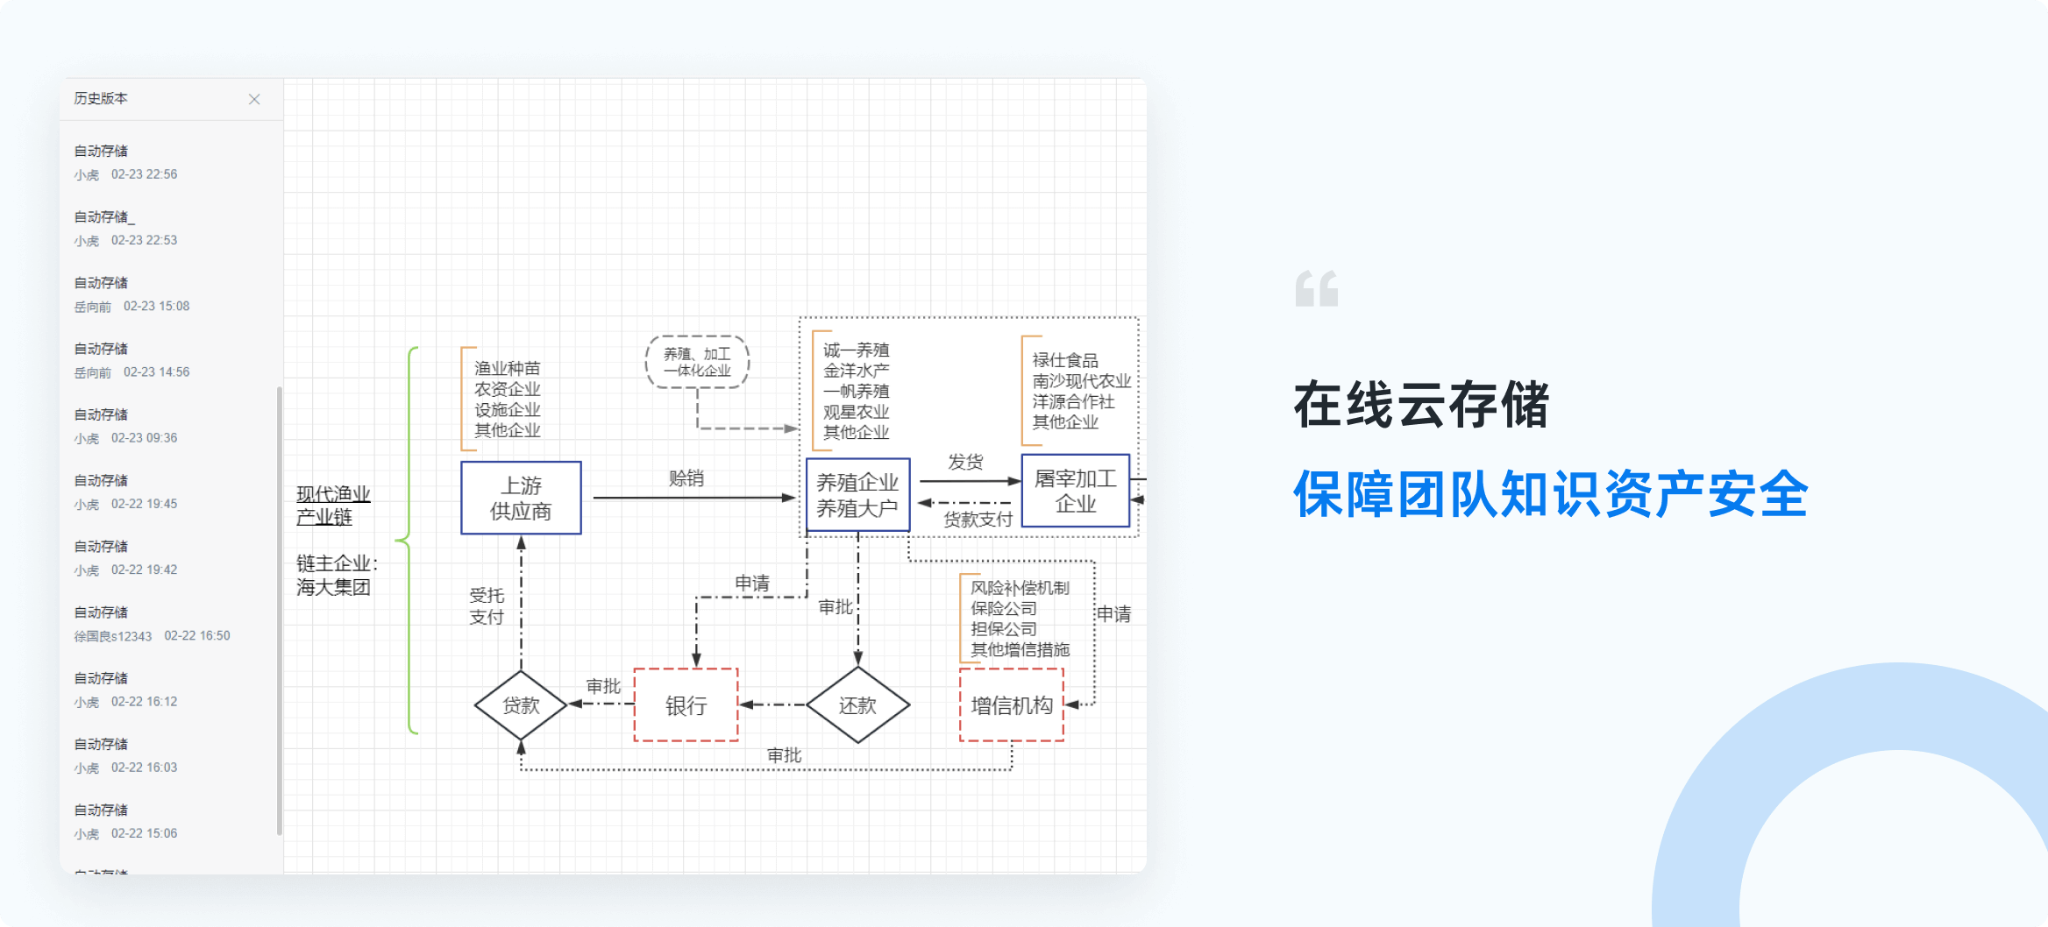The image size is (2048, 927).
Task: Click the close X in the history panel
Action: click(x=254, y=99)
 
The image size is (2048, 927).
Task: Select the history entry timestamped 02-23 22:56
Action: click(x=126, y=163)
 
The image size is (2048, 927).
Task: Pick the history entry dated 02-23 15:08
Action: click(x=132, y=294)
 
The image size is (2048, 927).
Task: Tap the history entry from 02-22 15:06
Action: click(x=126, y=822)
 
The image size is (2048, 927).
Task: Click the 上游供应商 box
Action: click(x=521, y=498)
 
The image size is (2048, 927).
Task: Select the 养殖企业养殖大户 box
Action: click(x=857, y=495)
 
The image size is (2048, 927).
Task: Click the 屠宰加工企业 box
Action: click(x=1075, y=491)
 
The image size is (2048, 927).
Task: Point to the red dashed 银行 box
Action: click(x=686, y=704)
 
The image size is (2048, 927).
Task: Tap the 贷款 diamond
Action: click(x=521, y=704)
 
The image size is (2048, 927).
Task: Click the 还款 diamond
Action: click(x=857, y=704)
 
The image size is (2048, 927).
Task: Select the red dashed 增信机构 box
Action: click(x=1011, y=704)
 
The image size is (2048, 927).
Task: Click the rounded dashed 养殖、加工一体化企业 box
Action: click(x=697, y=361)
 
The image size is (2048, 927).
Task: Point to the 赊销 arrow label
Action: click(x=686, y=478)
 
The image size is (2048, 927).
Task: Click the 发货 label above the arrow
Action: click(x=965, y=462)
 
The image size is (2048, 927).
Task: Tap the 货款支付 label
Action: click(x=978, y=519)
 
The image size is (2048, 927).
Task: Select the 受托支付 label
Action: click(x=487, y=606)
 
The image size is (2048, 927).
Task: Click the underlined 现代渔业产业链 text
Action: click(x=333, y=506)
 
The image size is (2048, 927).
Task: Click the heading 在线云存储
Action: click(x=1421, y=405)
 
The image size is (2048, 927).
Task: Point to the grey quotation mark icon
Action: click(x=1316, y=289)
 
